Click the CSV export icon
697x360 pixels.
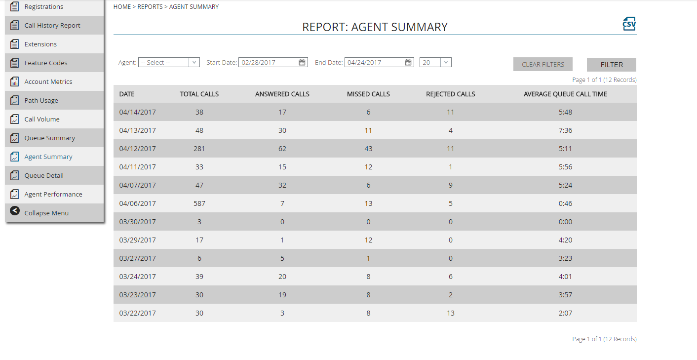(629, 24)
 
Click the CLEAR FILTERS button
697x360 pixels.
(542, 65)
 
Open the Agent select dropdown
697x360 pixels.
(169, 62)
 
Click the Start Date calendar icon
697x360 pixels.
(302, 62)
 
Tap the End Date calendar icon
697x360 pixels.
(408, 62)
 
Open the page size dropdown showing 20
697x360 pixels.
(435, 62)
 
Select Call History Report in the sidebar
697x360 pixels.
(52, 26)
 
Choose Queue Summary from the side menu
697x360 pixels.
(50, 138)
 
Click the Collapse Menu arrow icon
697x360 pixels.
(15, 211)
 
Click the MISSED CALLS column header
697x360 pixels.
(368, 94)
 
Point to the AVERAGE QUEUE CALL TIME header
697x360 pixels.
(565, 94)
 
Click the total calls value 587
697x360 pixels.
(199, 203)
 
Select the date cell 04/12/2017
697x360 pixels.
(138, 149)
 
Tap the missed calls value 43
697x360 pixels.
(368, 149)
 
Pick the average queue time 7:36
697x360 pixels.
(565, 130)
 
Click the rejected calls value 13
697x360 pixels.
(451, 313)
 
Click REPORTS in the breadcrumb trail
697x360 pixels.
(150, 7)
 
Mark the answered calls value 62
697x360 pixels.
(282, 149)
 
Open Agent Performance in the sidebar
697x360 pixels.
(53, 195)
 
